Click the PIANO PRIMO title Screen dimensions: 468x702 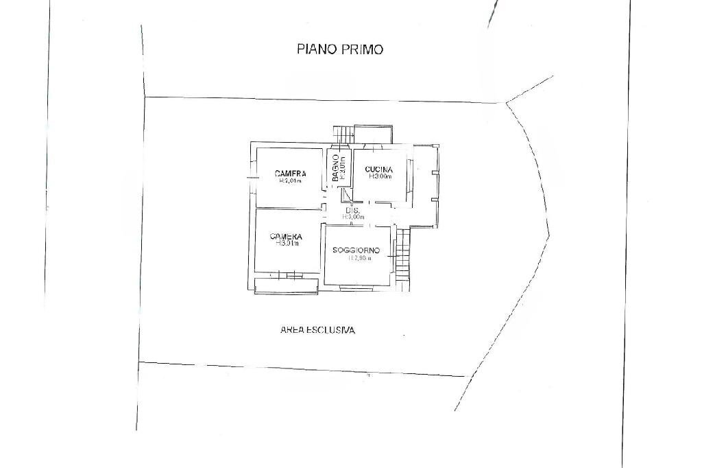[x=339, y=49]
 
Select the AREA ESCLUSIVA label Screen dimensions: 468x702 [x=317, y=330]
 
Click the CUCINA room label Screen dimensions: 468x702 [x=379, y=169]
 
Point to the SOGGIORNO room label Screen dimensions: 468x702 [x=356, y=250]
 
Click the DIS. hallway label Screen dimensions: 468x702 [x=353, y=210]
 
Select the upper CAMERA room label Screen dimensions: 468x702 [x=290, y=174]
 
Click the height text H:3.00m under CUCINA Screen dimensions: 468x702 [x=380, y=176]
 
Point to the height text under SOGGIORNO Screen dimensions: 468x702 [x=359, y=259]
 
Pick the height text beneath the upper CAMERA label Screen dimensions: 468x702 [x=290, y=182]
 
